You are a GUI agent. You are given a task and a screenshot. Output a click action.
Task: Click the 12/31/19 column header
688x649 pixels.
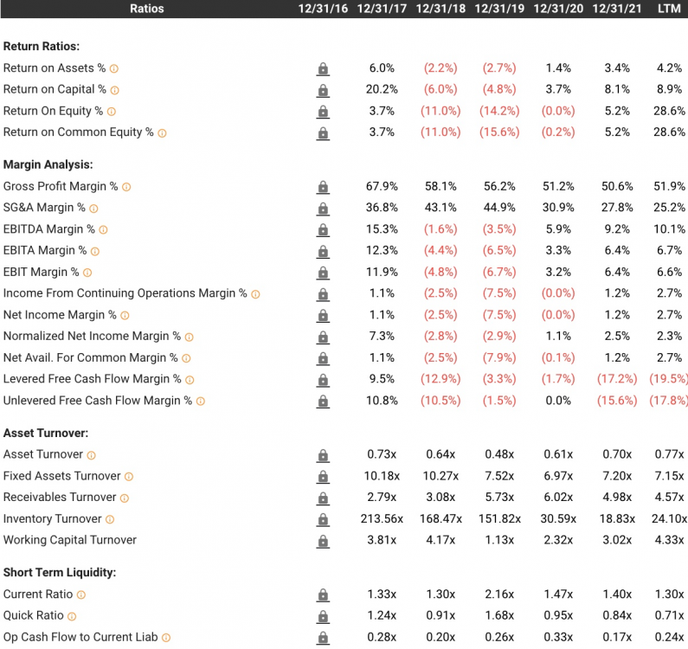pyautogui.click(x=499, y=9)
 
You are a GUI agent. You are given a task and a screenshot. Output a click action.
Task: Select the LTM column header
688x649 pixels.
pyautogui.click(x=669, y=9)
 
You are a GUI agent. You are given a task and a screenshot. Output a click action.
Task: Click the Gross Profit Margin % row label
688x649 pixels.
pyautogui.click(x=61, y=186)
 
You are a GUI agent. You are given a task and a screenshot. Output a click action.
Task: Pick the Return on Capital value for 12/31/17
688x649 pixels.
pyautogui.click(x=382, y=89)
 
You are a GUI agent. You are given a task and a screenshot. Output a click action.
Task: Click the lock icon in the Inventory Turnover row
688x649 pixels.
pyautogui.click(x=323, y=519)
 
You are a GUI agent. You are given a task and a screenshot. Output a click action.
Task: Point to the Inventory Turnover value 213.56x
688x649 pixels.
pyautogui.click(x=382, y=518)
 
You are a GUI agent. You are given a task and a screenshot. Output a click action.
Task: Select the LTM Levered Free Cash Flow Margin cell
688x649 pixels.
pyautogui.click(x=671, y=379)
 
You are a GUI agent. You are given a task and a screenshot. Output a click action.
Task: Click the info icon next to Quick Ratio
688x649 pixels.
pyautogui.click(x=71, y=616)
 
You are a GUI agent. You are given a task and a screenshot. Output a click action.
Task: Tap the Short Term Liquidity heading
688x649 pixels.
pyautogui.click(x=60, y=572)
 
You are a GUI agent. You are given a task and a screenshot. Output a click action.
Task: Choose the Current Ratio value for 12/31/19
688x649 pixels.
pyautogui.click(x=499, y=594)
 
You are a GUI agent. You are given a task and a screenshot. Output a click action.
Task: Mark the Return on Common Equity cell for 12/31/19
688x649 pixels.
pyautogui.click(x=498, y=132)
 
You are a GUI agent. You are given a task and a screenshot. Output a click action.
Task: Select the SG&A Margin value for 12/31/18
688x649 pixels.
pyautogui.click(x=440, y=208)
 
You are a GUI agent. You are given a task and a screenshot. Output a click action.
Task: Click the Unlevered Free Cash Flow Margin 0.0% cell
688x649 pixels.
pyautogui.click(x=558, y=401)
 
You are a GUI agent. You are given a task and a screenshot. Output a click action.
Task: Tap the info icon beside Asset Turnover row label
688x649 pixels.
pyautogui.click(x=91, y=455)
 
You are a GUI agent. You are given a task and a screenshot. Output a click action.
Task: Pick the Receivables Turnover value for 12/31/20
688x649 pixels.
pyautogui.click(x=558, y=498)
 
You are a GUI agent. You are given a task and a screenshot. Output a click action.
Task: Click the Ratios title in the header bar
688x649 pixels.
pyautogui.click(x=146, y=9)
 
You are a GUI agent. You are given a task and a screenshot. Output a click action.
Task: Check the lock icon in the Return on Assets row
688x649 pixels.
pyautogui.click(x=323, y=68)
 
